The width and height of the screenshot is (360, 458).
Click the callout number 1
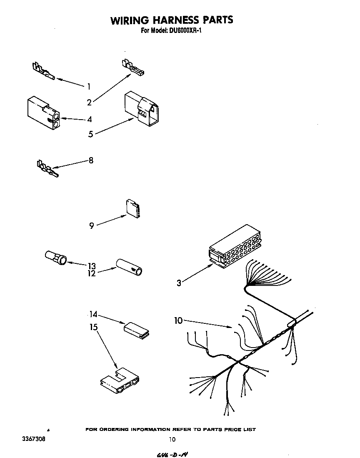(x=89, y=87)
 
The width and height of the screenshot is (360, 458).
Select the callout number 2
(x=89, y=103)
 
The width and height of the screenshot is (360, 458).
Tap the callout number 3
(x=179, y=283)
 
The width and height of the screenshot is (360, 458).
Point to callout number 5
(x=90, y=133)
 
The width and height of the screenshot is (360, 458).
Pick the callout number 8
(x=91, y=160)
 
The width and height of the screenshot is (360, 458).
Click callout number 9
(x=91, y=225)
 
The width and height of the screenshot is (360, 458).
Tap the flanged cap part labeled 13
(x=55, y=258)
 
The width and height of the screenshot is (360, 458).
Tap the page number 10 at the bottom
(x=172, y=439)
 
